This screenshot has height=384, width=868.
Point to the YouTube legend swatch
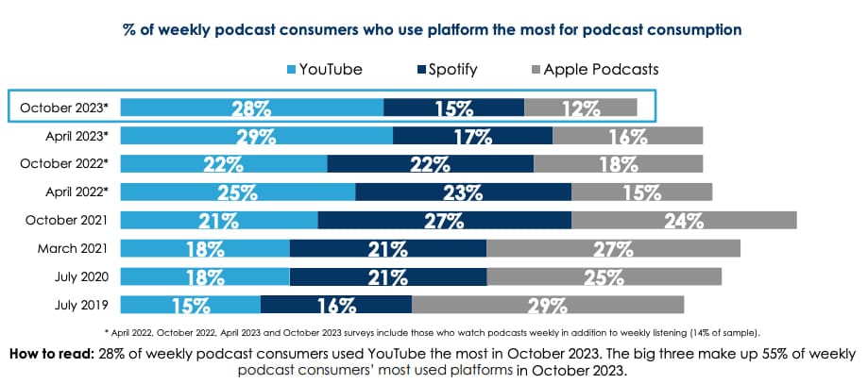(x=291, y=69)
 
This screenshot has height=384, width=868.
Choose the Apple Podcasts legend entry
(x=596, y=69)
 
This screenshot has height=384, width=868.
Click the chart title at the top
(x=433, y=29)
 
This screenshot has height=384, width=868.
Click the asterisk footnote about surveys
(x=434, y=332)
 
